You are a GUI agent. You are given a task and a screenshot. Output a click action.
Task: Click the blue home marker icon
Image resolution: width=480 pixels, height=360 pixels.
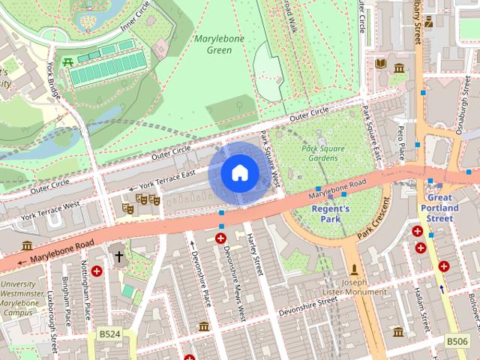[x=239, y=173]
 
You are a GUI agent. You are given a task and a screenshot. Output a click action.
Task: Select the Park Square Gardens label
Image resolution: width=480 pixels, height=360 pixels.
[x=323, y=154]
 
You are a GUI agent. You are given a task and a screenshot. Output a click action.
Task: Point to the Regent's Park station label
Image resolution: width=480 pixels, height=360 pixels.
[x=331, y=214]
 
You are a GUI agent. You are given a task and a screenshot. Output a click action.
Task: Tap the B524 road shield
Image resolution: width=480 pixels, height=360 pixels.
[x=109, y=333]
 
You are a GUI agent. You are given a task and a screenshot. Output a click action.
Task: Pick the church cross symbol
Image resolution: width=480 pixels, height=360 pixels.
[x=118, y=256]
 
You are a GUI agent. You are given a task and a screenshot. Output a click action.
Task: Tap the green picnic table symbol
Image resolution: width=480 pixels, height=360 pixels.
[x=69, y=63]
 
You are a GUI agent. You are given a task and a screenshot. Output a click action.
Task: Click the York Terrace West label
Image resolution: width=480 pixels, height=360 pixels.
[x=50, y=211]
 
